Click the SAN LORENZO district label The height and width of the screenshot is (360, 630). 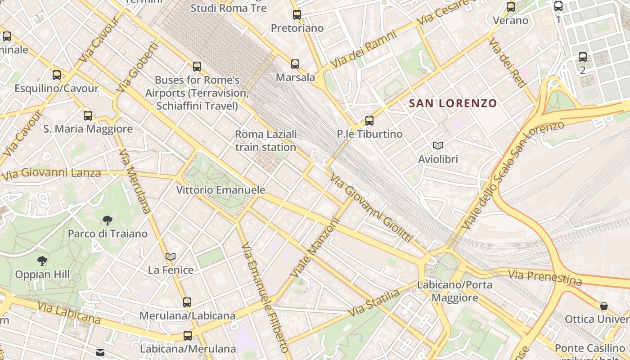tap(453, 103)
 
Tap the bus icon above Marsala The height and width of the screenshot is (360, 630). tap(295, 64)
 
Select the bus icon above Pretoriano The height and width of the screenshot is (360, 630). tap(297, 15)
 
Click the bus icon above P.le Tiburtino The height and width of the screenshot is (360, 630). tap(369, 121)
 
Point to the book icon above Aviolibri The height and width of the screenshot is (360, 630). tap(438, 145)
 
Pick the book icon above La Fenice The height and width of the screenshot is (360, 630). tap(171, 257)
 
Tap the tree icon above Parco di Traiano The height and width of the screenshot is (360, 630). tap(108, 220)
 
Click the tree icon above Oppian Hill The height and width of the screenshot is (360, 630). tap(42, 261)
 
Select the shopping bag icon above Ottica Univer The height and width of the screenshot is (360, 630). tap(604, 306)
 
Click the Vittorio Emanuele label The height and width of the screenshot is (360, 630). tap(220, 190)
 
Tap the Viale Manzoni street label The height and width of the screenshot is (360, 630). tap(315, 248)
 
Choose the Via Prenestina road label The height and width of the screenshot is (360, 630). tap(545, 277)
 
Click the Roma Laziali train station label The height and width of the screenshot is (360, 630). tap(266, 140)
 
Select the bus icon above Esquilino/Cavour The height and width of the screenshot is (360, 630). tap(57, 75)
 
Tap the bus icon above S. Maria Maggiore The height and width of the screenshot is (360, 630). tap(88, 116)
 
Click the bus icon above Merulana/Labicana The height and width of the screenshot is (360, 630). tap(187, 302)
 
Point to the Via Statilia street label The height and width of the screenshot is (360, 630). tap(374, 302)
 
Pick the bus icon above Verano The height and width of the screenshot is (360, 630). tap(511, 7)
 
